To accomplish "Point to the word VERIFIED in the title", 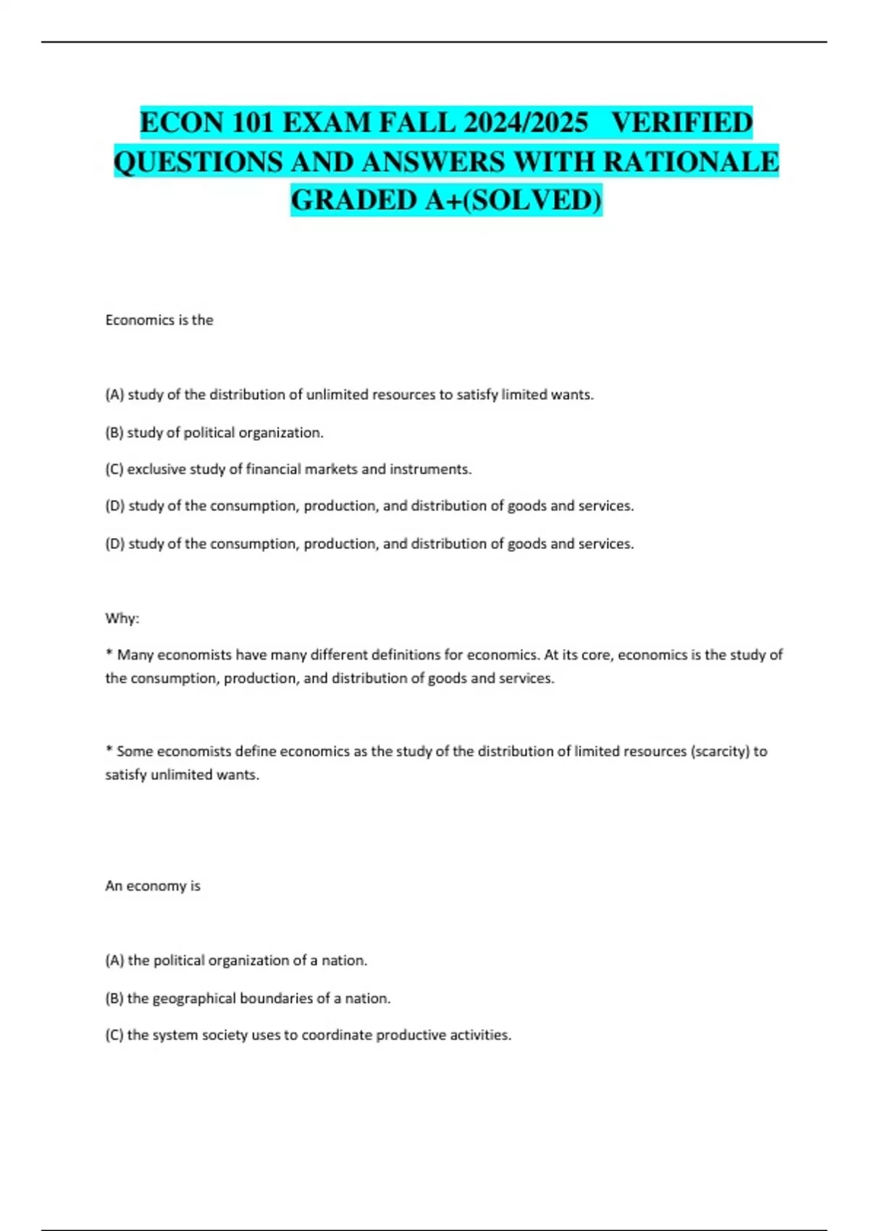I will click(x=681, y=122).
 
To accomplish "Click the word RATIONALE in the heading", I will click(x=690, y=161).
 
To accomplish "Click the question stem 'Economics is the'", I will click(x=159, y=320).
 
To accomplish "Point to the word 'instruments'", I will click(x=430, y=469).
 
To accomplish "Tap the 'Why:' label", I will click(x=122, y=618).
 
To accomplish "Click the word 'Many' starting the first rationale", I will click(x=135, y=655).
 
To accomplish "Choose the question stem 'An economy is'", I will click(x=153, y=886).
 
